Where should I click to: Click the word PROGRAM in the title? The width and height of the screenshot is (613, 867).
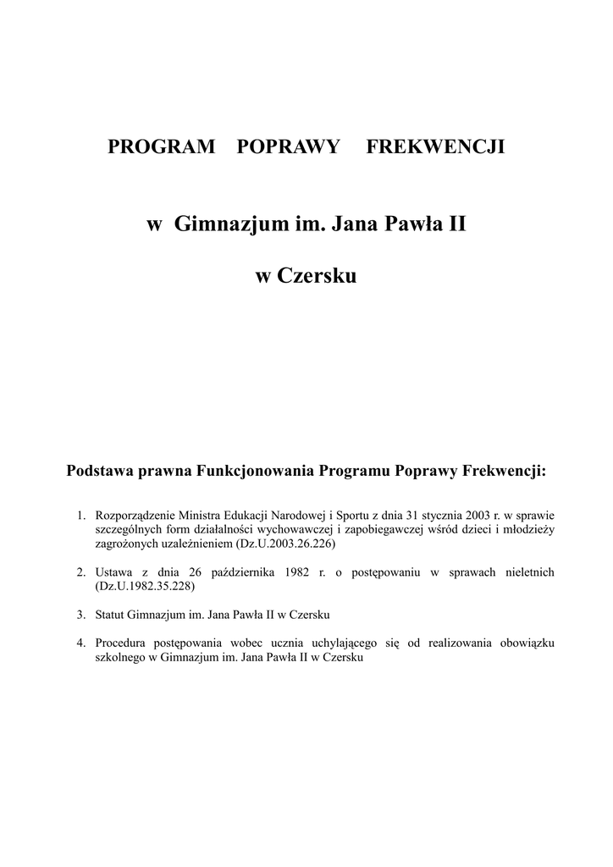162,147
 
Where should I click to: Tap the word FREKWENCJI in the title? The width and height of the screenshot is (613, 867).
435,147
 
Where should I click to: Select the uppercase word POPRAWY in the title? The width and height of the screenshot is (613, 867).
289,147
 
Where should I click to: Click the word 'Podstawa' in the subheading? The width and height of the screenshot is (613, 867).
101,471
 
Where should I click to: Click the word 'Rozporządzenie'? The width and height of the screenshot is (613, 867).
135,515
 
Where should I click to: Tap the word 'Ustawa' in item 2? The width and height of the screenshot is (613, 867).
113,573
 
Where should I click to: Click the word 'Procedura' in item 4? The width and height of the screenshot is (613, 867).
121,643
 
